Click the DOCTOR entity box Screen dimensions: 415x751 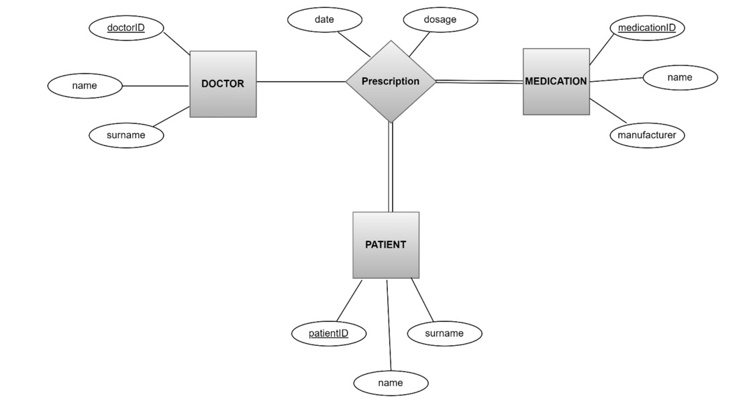click(x=223, y=84)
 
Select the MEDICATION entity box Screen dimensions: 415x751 click(x=556, y=81)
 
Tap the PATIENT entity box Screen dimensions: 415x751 click(x=385, y=245)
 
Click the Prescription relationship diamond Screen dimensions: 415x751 click(x=391, y=81)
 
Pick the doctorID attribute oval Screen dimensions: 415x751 click(x=126, y=27)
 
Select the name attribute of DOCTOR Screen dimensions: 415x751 click(x=85, y=86)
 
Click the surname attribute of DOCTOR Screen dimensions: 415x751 click(x=126, y=135)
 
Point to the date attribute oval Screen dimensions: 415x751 click(x=324, y=19)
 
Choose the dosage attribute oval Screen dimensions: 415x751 click(x=440, y=19)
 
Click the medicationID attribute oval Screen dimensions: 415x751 click(x=647, y=27)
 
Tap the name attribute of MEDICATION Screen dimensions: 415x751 click(x=680, y=78)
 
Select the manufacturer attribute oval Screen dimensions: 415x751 click(x=647, y=135)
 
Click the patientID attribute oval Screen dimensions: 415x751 click(x=329, y=333)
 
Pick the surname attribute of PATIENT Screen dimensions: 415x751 click(x=444, y=333)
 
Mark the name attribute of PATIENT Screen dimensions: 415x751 click(x=391, y=383)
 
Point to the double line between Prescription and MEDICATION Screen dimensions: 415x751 click(x=479, y=82)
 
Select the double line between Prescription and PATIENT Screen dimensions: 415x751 click(x=391, y=168)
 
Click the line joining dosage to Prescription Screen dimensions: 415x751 click(x=419, y=44)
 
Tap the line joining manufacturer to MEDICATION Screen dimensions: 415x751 click(x=608, y=111)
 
